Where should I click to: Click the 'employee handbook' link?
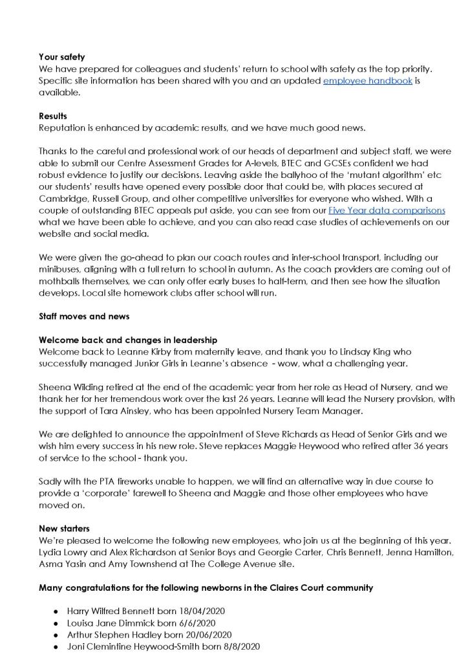click(367, 81)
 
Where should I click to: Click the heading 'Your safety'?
click(61, 57)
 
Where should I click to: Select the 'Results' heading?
click(53, 116)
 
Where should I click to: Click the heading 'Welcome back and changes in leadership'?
click(128, 340)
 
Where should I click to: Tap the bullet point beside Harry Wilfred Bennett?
click(56, 611)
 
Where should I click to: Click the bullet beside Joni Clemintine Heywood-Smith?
click(56, 646)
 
